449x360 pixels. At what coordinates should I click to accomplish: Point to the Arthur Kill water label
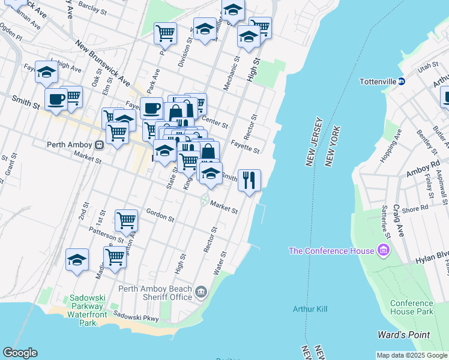click(x=310, y=309)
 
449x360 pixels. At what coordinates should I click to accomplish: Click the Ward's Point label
click(x=402, y=334)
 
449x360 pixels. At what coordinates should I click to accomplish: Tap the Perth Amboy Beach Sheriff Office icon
click(x=201, y=292)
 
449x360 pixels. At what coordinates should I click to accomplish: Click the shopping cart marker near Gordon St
click(x=127, y=221)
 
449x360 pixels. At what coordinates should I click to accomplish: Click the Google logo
click(x=20, y=353)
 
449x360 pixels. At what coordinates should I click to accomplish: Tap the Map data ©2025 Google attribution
click(x=412, y=355)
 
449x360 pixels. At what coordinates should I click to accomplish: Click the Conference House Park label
click(x=411, y=307)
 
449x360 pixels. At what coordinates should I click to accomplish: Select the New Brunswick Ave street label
click(x=103, y=62)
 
